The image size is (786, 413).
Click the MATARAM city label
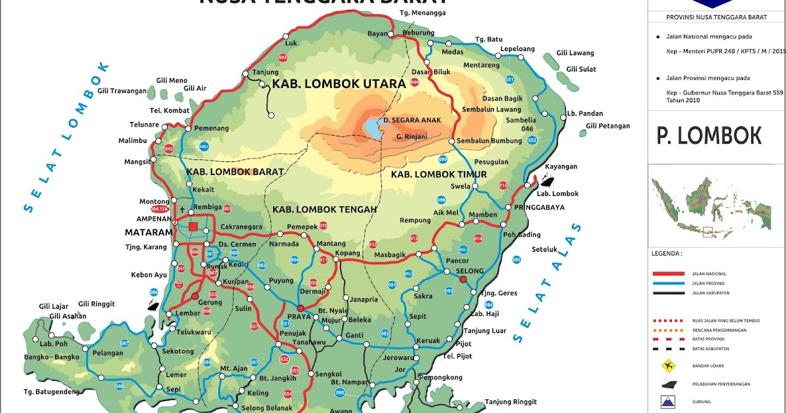click(149, 233)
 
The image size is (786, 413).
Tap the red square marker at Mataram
click(193, 227)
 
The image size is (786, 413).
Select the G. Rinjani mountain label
click(411, 136)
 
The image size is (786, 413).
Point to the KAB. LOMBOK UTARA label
click(339, 84)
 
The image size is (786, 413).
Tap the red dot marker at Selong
click(463, 279)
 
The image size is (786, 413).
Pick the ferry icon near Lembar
click(153, 304)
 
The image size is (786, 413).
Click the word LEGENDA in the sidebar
click(666, 252)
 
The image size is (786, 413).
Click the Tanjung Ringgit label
click(511, 401)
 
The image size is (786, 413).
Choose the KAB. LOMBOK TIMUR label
click(439, 174)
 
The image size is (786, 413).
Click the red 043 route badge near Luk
click(283, 58)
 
